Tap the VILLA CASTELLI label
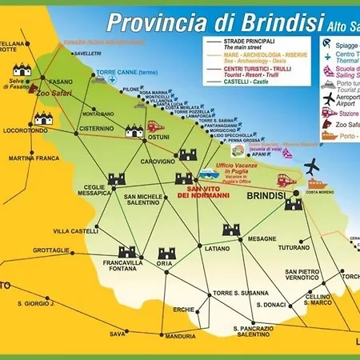[x=76, y=231]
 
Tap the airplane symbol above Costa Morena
[x=310, y=166]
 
